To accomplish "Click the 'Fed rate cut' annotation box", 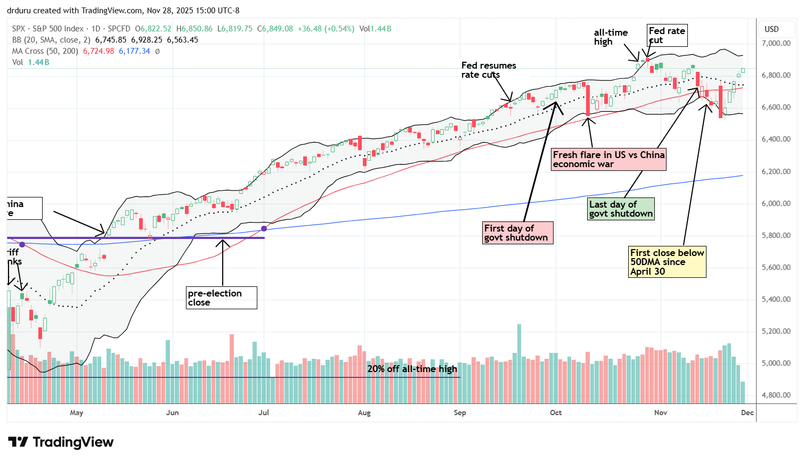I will click(x=667, y=35).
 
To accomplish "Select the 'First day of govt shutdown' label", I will click(x=516, y=233).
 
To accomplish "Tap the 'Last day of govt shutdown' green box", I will click(x=621, y=209).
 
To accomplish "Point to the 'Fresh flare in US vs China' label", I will click(x=608, y=159).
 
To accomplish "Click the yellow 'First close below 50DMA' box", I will click(x=667, y=262).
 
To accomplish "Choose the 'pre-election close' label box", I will click(x=222, y=298).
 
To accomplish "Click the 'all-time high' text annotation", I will click(x=611, y=37).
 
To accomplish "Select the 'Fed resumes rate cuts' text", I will click(x=489, y=70).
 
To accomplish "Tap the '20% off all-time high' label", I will click(x=412, y=369).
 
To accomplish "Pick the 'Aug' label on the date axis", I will click(x=364, y=412).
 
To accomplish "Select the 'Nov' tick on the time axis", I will click(x=661, y=412).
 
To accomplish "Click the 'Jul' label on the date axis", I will click(x=263, y=412).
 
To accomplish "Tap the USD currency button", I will click(x=771, y=29).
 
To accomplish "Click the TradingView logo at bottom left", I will click(x=61, y=442).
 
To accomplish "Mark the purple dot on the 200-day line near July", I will click(x=264, y=228).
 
